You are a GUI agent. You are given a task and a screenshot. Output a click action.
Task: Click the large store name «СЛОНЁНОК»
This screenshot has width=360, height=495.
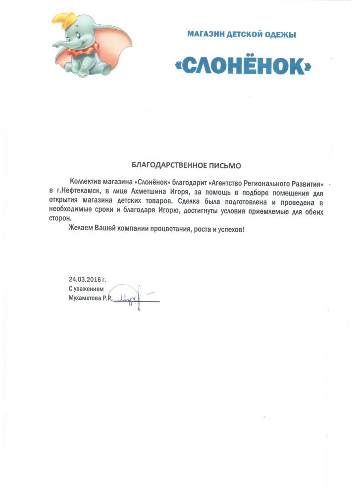click(243, 65)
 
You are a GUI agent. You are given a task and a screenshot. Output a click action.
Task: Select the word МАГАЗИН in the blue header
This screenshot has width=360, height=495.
click(205, 34)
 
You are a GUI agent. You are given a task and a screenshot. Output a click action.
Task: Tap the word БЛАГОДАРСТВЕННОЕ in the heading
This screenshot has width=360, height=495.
click(168, 163)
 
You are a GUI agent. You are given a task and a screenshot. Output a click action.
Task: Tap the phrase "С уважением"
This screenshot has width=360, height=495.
click(86, 289)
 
